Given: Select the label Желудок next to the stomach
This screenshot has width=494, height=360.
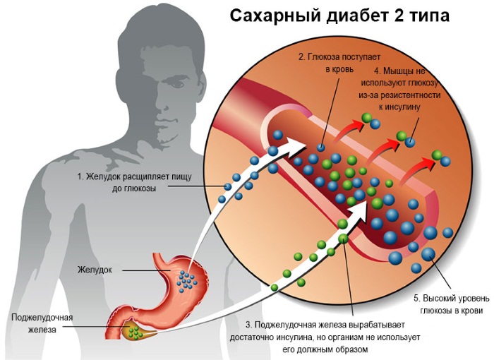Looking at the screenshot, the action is click(x=95, y=270).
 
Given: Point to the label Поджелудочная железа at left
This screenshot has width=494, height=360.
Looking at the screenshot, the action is click(x=42, y=324).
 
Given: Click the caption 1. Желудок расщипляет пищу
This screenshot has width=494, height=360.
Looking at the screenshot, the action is click(x=135, y=176).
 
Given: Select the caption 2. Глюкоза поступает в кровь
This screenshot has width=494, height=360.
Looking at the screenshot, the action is click(x=339, y=63).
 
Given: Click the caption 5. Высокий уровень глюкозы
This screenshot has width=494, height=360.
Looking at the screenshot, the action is click(x=452, y=304).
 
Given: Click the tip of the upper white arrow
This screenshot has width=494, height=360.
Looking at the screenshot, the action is click(x=307, y=145).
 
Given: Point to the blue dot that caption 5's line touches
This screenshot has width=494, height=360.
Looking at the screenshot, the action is click(x=428, y=254).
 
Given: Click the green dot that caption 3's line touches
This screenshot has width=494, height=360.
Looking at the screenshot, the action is click(x=344, y=239).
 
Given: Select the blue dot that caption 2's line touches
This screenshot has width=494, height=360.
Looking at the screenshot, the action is click(x=321, y=148).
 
